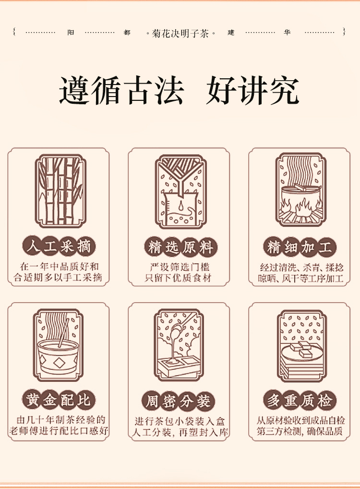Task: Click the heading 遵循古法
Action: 121,90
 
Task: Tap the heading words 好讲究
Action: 252,90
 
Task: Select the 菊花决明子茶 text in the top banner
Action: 180,33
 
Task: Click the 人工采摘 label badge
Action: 59,246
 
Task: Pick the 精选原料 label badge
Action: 180,247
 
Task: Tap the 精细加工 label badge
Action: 300,247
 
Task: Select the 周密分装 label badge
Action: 179,401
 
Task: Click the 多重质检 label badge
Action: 300,401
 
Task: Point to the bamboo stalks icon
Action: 60,191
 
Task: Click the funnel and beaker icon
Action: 180,192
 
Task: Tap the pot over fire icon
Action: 301,190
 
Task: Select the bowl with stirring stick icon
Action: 58,345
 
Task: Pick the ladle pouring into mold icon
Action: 179,345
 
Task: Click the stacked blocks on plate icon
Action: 302,346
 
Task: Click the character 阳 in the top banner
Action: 71,33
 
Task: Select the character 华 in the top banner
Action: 287,33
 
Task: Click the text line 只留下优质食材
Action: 178,278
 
